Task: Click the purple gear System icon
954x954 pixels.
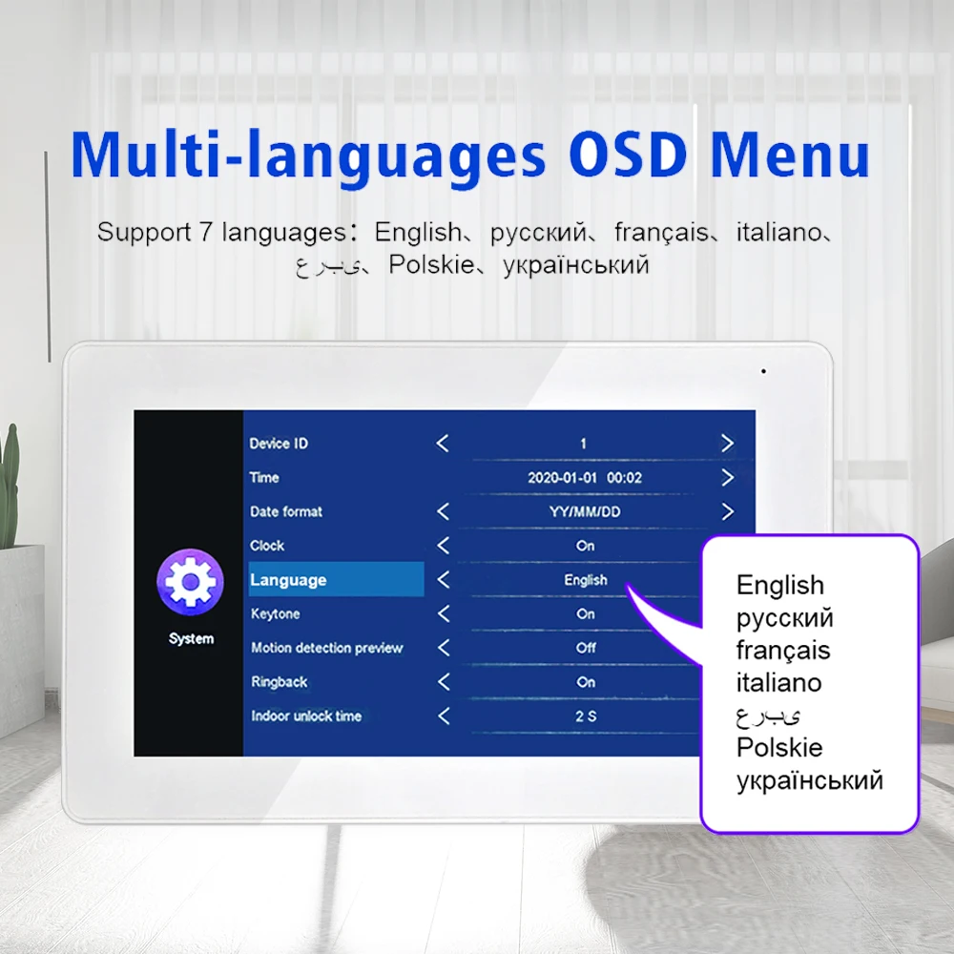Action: (191, 581)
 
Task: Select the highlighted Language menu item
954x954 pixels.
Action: (337, 579)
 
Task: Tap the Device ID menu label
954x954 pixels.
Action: (279, 444)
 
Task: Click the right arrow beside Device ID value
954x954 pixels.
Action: (727, 443)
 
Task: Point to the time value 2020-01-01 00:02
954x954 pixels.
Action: (585, 478)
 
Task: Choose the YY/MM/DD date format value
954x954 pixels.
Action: (585, 511)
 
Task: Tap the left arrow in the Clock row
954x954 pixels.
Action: (444, 546)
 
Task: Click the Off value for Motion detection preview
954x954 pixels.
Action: (586, 648)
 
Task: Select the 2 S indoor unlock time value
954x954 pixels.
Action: (586, 716)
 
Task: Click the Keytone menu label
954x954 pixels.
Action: (276, 613)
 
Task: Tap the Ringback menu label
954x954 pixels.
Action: (280, 682)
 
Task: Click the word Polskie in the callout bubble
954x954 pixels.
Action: (779, 747)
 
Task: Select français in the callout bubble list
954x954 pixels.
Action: (783, 651)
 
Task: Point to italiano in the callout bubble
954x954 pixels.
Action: (778, 683)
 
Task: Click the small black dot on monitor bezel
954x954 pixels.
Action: (763, 371)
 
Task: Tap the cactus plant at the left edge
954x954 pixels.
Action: (9, 487)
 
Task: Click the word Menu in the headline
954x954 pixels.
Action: (790, 155)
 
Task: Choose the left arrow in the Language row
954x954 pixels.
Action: (444, 580)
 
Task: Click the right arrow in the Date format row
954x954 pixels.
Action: (727, 511)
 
